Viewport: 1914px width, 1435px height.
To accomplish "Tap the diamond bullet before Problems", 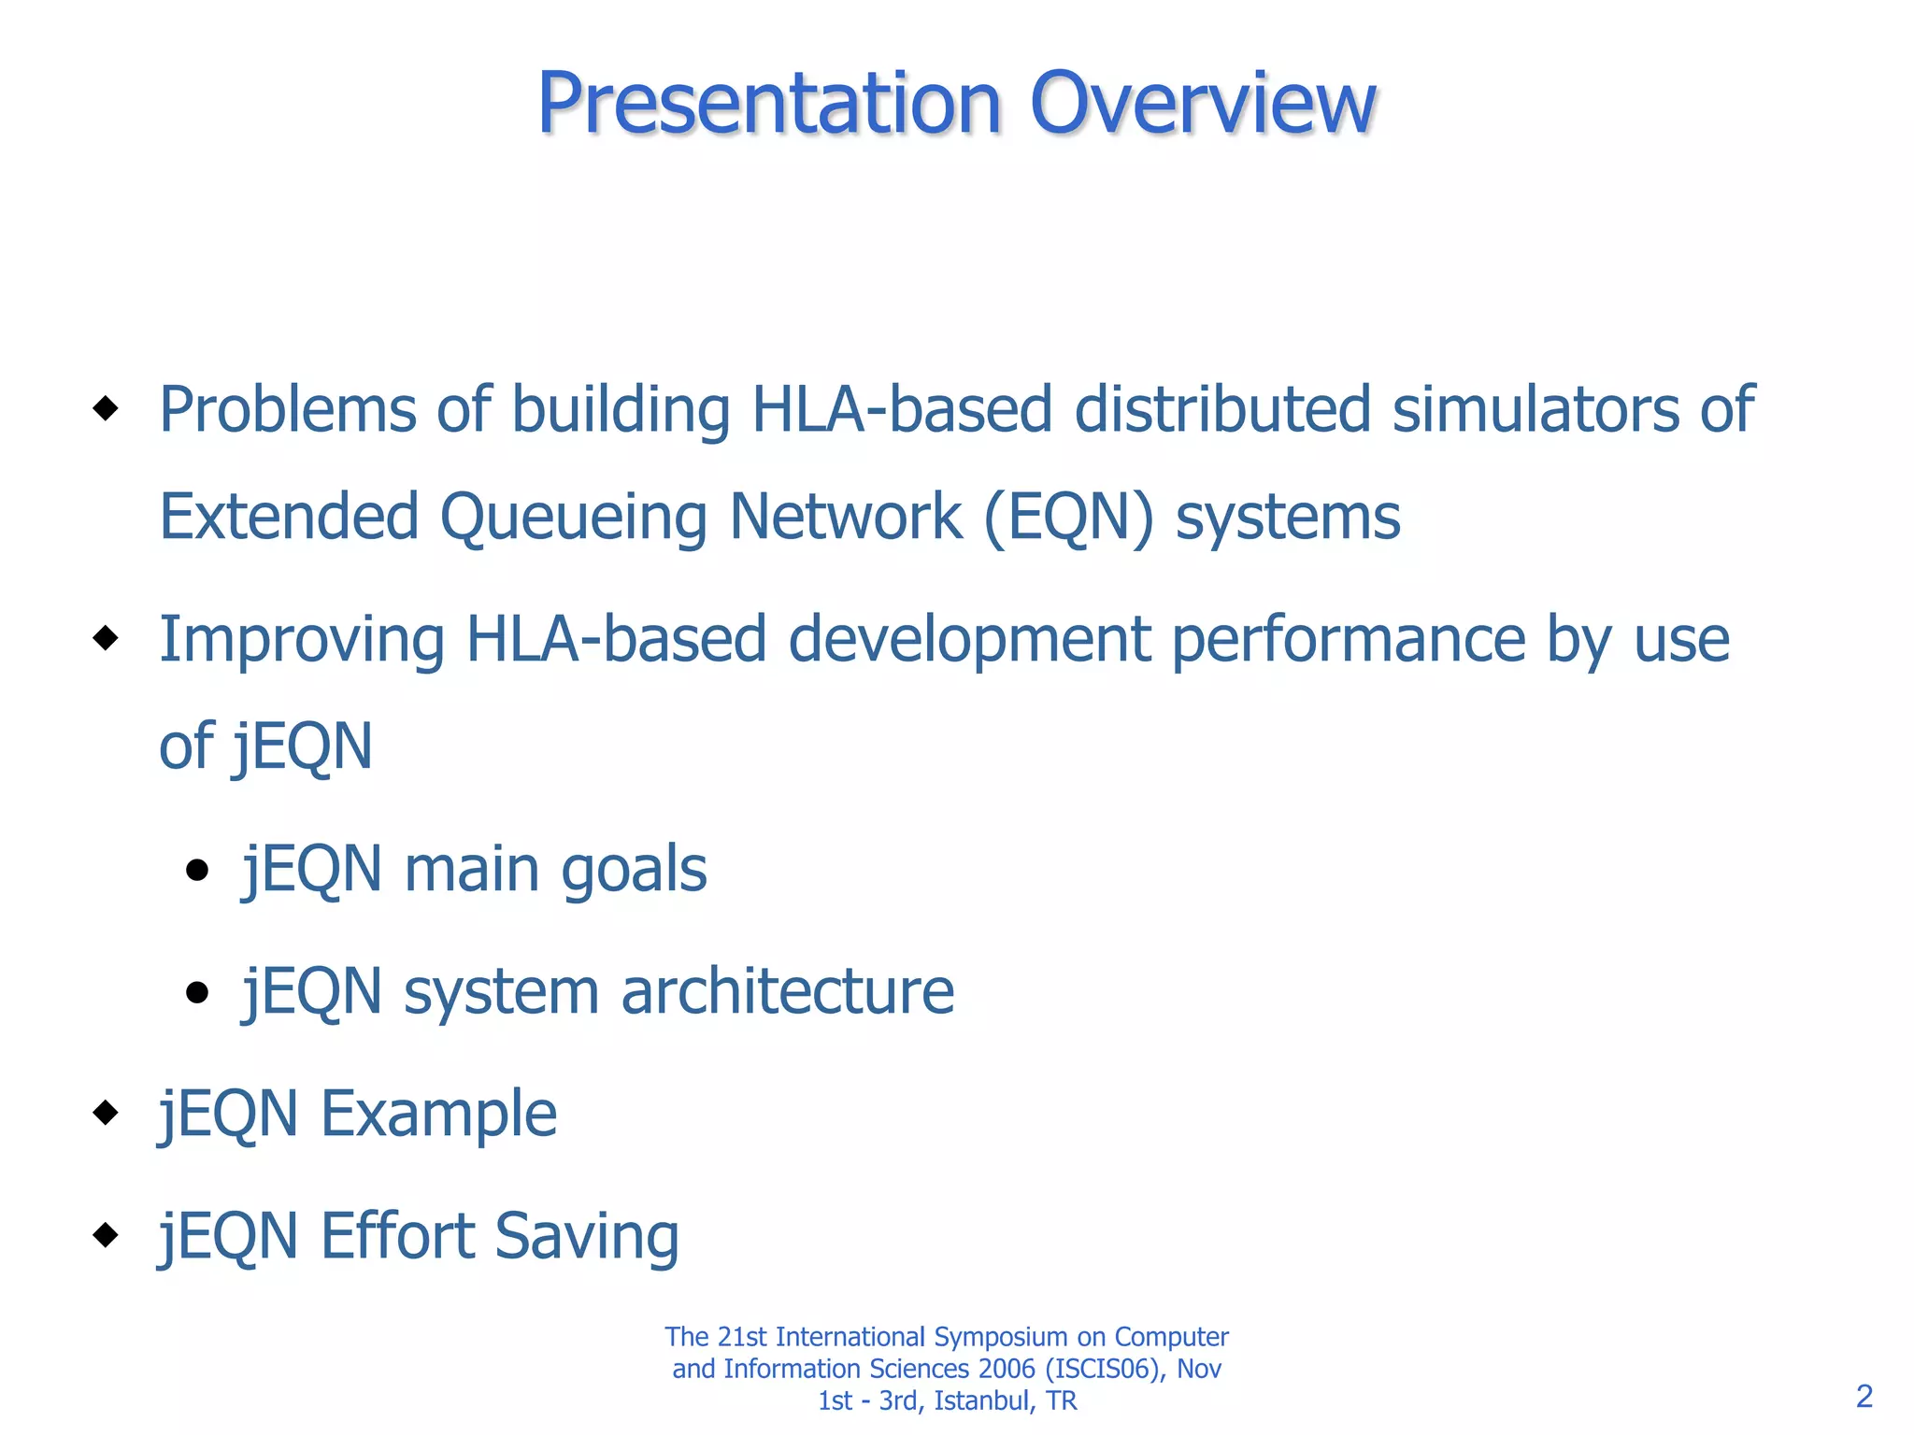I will [x=106, y=408].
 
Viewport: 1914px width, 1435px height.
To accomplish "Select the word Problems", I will [x=287, y=410].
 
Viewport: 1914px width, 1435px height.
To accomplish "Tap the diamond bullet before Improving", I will [x=106, y=638].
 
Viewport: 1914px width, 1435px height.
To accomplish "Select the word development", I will [x=968, y=642].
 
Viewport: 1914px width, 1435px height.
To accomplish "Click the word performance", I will [x=1348, y=642].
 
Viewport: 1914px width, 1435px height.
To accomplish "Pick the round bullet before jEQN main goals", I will [x=196, y=871].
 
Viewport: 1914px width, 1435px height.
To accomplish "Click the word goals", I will [x=634, y=871].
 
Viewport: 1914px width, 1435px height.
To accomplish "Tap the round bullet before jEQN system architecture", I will [x=196, y=992].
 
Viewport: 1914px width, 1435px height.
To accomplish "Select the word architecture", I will [x=787, y=992].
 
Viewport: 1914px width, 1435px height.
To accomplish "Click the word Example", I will [x=438, y=1115].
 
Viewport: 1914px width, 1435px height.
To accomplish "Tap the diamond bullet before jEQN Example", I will [x=106, y=1112].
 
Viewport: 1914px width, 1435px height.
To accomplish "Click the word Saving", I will [x=586, y=1237].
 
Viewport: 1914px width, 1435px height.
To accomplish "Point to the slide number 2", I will [x=1864, y=1396].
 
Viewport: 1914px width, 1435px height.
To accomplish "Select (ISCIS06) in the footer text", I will [x=1106, y=1369].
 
